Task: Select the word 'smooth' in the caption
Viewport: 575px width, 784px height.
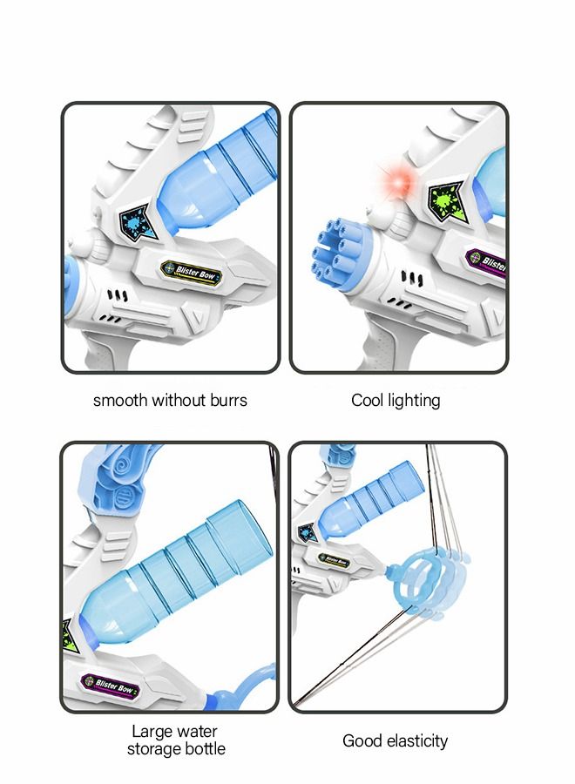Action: click(x=120, y=401)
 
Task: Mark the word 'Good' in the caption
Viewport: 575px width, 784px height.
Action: click(x=362, y=741)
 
